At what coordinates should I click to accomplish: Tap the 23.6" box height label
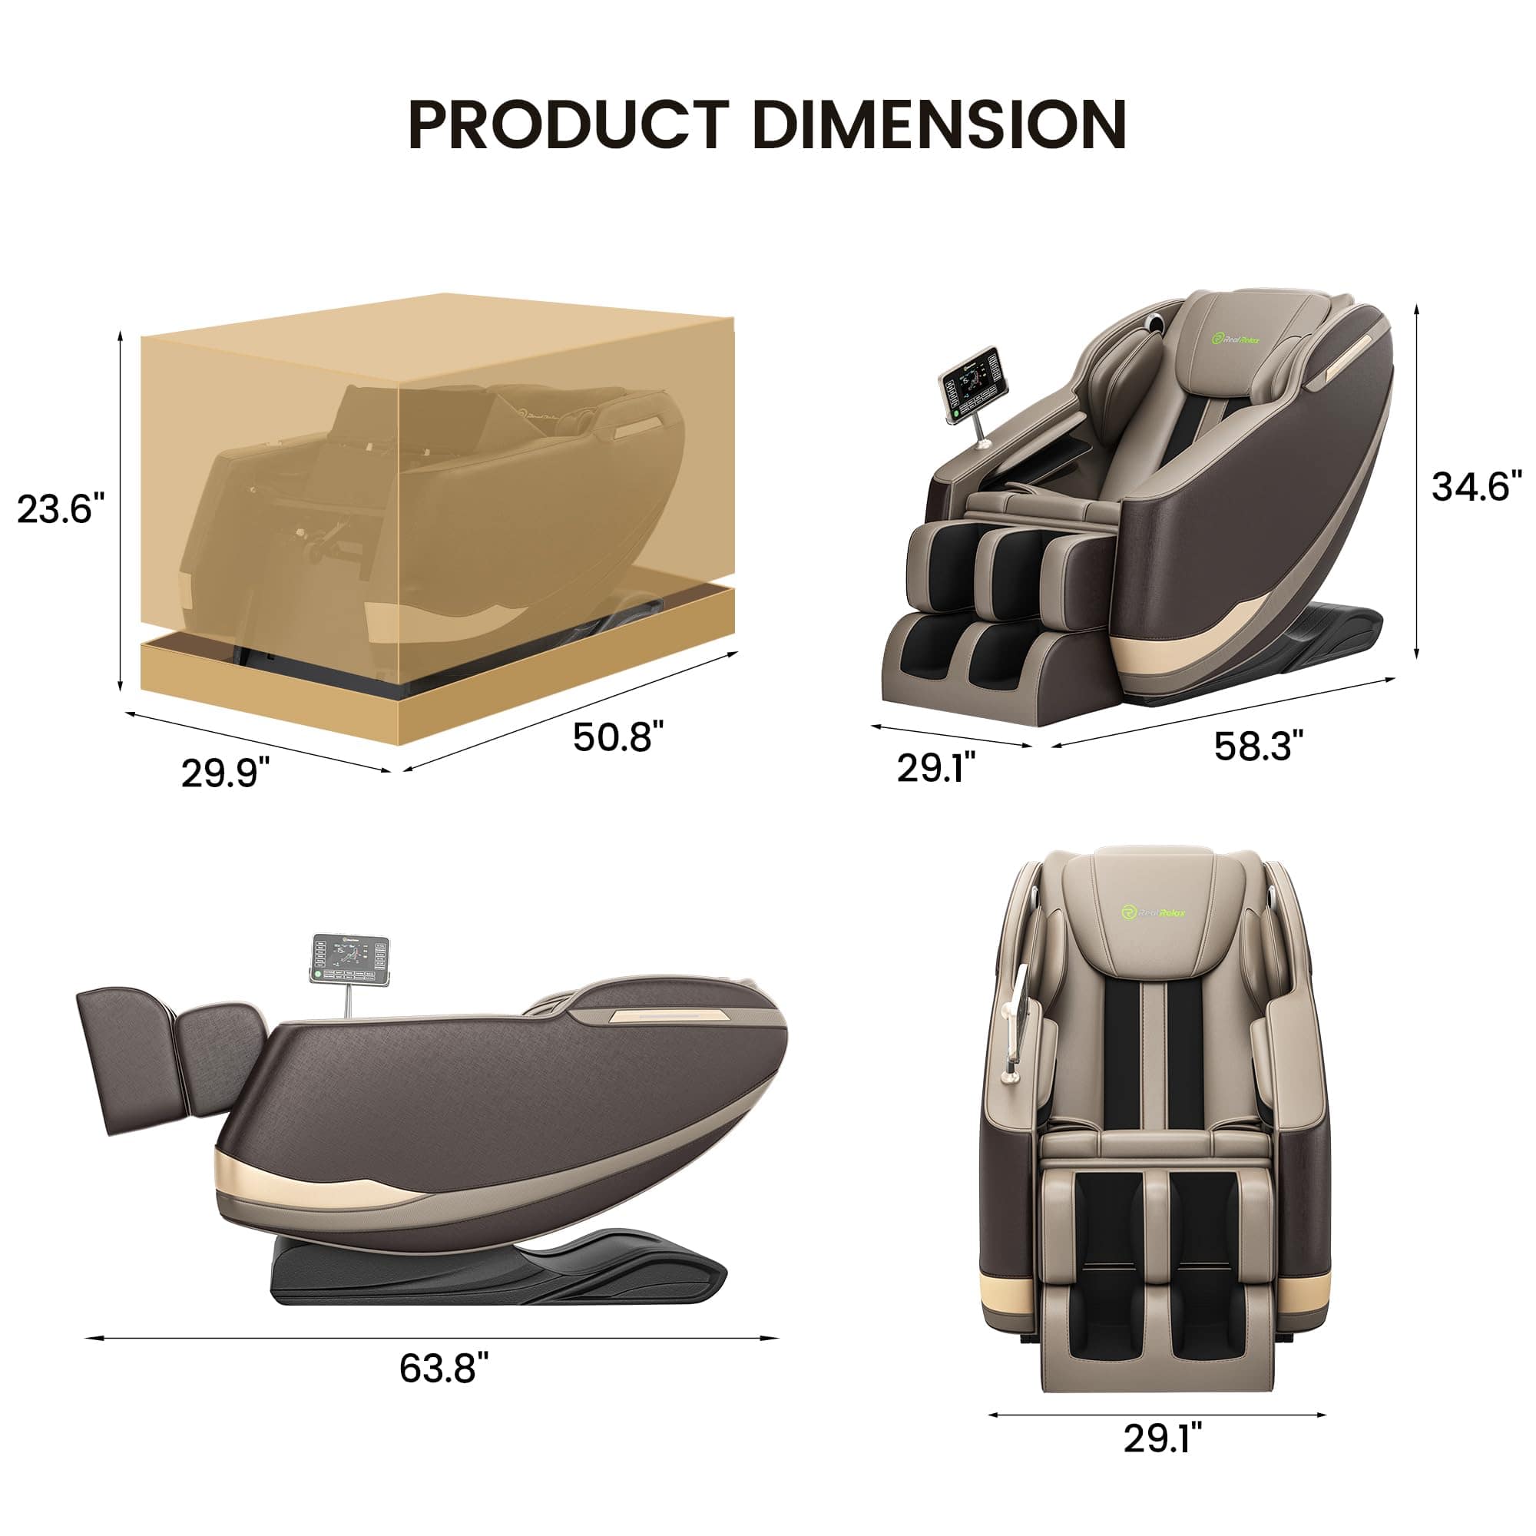[x=61, y=509]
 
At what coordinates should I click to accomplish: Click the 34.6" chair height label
[x=1476, y=486]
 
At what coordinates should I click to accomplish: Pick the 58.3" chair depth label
[x=1259, y=746]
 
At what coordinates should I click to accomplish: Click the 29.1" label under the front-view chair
[x=1162, y=1461]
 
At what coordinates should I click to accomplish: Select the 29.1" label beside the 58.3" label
[x=935, y=767]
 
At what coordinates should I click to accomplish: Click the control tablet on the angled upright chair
[x=970, y=382]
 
